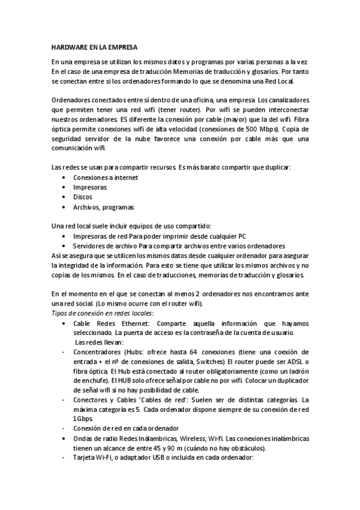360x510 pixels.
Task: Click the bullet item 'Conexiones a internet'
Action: point(105,177)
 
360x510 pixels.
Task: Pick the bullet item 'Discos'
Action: point(83,197)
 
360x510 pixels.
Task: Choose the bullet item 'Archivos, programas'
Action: point(103,207)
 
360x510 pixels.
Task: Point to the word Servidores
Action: point(91,246)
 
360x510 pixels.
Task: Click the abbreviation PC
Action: point(242,236)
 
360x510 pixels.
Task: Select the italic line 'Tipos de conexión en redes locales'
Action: point(102,313)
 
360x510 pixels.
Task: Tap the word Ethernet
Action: point(145,324)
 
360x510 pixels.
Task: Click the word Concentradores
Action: point(99,351)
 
